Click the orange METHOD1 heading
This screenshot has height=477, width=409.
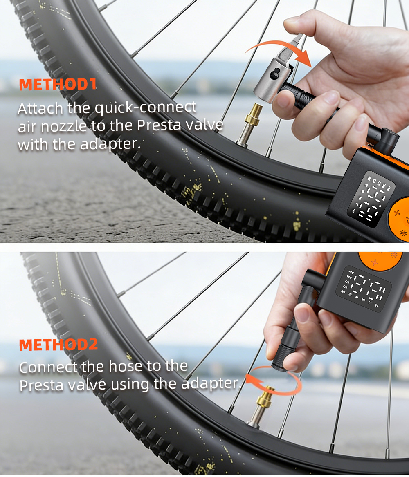click(x=58, y=84)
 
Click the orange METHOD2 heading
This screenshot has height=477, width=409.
click(x=58, y=345)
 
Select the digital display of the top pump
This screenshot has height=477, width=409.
click(x=371, y=199)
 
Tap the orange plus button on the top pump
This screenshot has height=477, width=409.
click(x=397, y=212)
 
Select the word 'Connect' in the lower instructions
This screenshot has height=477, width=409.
click(x=48, y=367)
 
